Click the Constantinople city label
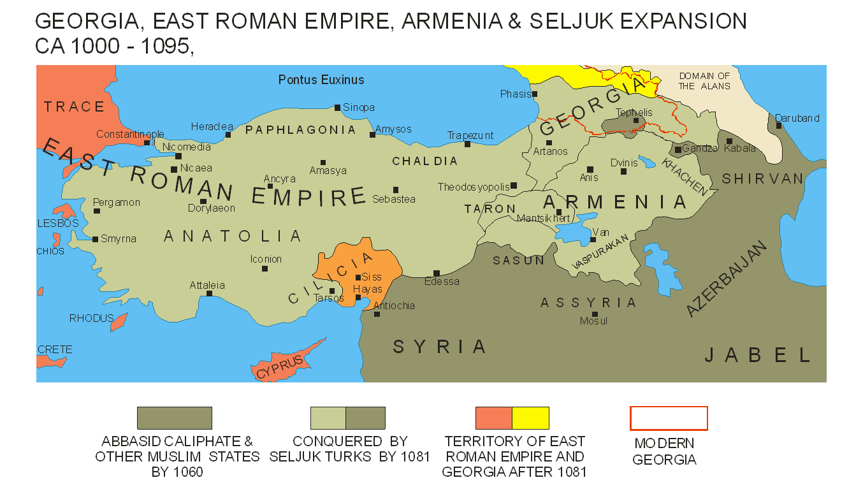coord(130,134)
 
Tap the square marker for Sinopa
coord(338,108)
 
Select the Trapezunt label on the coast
coord(470,135)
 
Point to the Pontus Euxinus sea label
coord(321,80)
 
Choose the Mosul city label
coord(593,321)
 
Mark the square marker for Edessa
coord(437,273)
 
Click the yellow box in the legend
coord(530,418)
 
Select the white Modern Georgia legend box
coord(669,418)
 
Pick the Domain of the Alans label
coord(704,81)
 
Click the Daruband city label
coord(797,118)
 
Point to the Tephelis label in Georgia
coord(634,113)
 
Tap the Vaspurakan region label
coord(600,251)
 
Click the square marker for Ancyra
coord(270,186)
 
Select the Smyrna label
coord(119,239)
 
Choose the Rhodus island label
coord(92,318)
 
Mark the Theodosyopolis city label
coord(473,187)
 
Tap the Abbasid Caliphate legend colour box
coord(175,418)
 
